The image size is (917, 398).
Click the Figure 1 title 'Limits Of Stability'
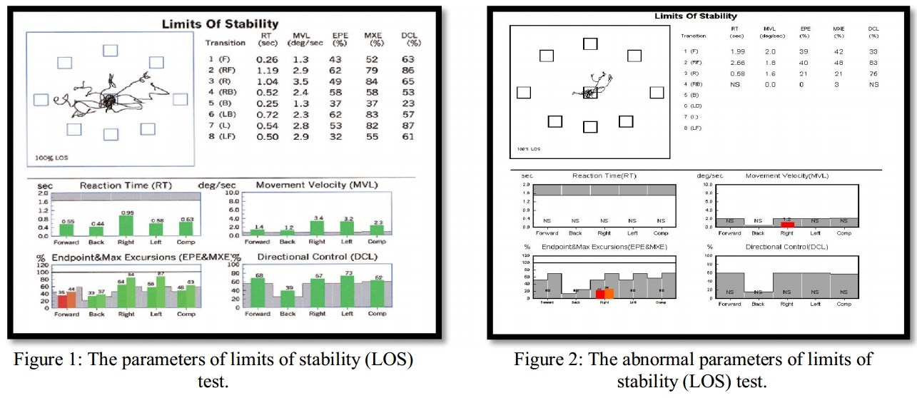tap(220, 24)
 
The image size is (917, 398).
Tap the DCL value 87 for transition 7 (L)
tap(407, 126)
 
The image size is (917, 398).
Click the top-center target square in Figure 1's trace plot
tap(110, 50)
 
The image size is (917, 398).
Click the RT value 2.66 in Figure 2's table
tap(737, 63)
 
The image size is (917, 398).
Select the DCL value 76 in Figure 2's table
tap(873, 73)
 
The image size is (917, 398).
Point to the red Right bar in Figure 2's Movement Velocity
tap(787, 224)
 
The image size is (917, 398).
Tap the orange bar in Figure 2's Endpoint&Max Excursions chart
tap(609, 293)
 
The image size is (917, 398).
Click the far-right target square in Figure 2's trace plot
tap(657, 92)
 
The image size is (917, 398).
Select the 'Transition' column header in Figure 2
tap(693, 35)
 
